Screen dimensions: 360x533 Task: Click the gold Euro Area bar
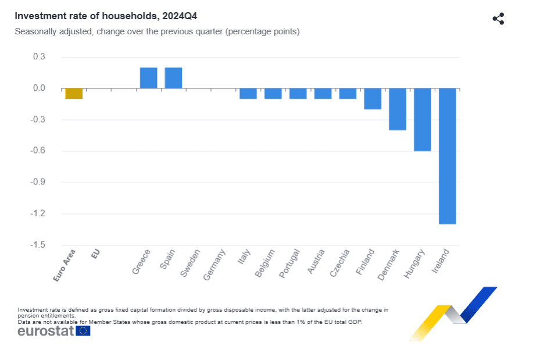74,94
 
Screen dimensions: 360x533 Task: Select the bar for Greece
148,78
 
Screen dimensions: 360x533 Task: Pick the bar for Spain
173,78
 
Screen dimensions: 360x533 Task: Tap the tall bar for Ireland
448,156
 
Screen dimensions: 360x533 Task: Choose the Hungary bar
423,119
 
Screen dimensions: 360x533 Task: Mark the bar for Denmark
398,109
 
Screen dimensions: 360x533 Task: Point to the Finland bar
373,99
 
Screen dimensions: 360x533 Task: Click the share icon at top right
498,19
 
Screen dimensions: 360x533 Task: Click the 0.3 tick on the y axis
40,57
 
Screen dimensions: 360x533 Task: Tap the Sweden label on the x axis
191,263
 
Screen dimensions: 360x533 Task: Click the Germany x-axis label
214,266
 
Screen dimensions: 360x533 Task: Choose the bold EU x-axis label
96,254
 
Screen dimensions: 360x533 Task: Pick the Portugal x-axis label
289,264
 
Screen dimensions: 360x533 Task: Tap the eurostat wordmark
46,332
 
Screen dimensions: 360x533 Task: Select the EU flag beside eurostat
83,331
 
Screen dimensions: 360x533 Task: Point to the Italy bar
248,94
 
